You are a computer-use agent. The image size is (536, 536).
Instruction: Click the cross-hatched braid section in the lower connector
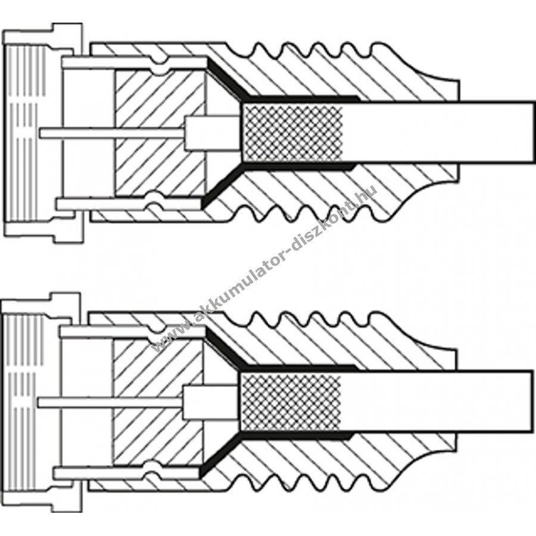(x=291, y=401)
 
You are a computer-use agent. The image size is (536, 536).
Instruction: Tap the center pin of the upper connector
(x=112, y=133)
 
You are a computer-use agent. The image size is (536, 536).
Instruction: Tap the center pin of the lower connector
(x=110, y=403)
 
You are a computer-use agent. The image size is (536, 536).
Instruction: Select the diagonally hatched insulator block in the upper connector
(x=161, y=133)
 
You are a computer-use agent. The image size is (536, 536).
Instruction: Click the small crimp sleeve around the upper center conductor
(x=212, y=133)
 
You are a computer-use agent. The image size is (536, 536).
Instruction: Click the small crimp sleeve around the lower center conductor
(x=210, y=403)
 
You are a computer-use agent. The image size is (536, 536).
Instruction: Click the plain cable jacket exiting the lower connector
(x=438, y=401)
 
